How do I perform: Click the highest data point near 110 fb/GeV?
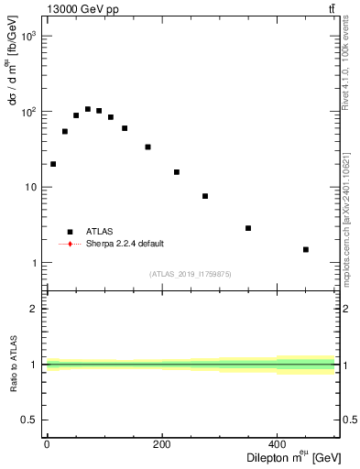pyautogui.click(x=88, y=109)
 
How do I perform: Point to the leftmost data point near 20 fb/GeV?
pyautogui.click(x=53, y=164)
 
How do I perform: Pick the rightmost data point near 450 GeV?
pyautogui.click(x=306, y=249)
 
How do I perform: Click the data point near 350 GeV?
pyautogui.click(x=248, y=228)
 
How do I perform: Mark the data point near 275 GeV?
pyautogui.click(x=205, y=196)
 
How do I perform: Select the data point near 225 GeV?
pyautogui.click(x=177, y=172)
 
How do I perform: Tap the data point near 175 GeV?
pyautogui.click(x=147, y=147)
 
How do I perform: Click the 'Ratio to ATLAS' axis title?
pyautogui.click(x=12, y=365)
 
